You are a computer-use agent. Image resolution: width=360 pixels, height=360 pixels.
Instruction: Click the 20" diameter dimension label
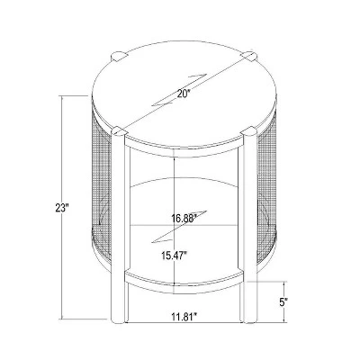pos(184,94)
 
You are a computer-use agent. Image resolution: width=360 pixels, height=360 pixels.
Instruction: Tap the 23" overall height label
pos(62,208)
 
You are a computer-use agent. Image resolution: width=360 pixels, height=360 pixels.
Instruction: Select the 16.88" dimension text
pos(184,218)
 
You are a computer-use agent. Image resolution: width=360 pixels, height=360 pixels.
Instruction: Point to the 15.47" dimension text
pos(174,256)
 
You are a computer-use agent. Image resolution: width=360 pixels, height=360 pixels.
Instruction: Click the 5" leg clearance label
pos(282,302)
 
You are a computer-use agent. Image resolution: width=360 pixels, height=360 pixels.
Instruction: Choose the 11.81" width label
pos(184,317)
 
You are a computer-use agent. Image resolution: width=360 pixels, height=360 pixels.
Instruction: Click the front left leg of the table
pos(118,228)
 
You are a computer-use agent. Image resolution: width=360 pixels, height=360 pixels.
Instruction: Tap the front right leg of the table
pos(250,227)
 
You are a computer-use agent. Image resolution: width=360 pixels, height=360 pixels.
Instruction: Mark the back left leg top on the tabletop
pos(118,57)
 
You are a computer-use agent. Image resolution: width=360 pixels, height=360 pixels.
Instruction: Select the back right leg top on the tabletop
pos(250,56)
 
